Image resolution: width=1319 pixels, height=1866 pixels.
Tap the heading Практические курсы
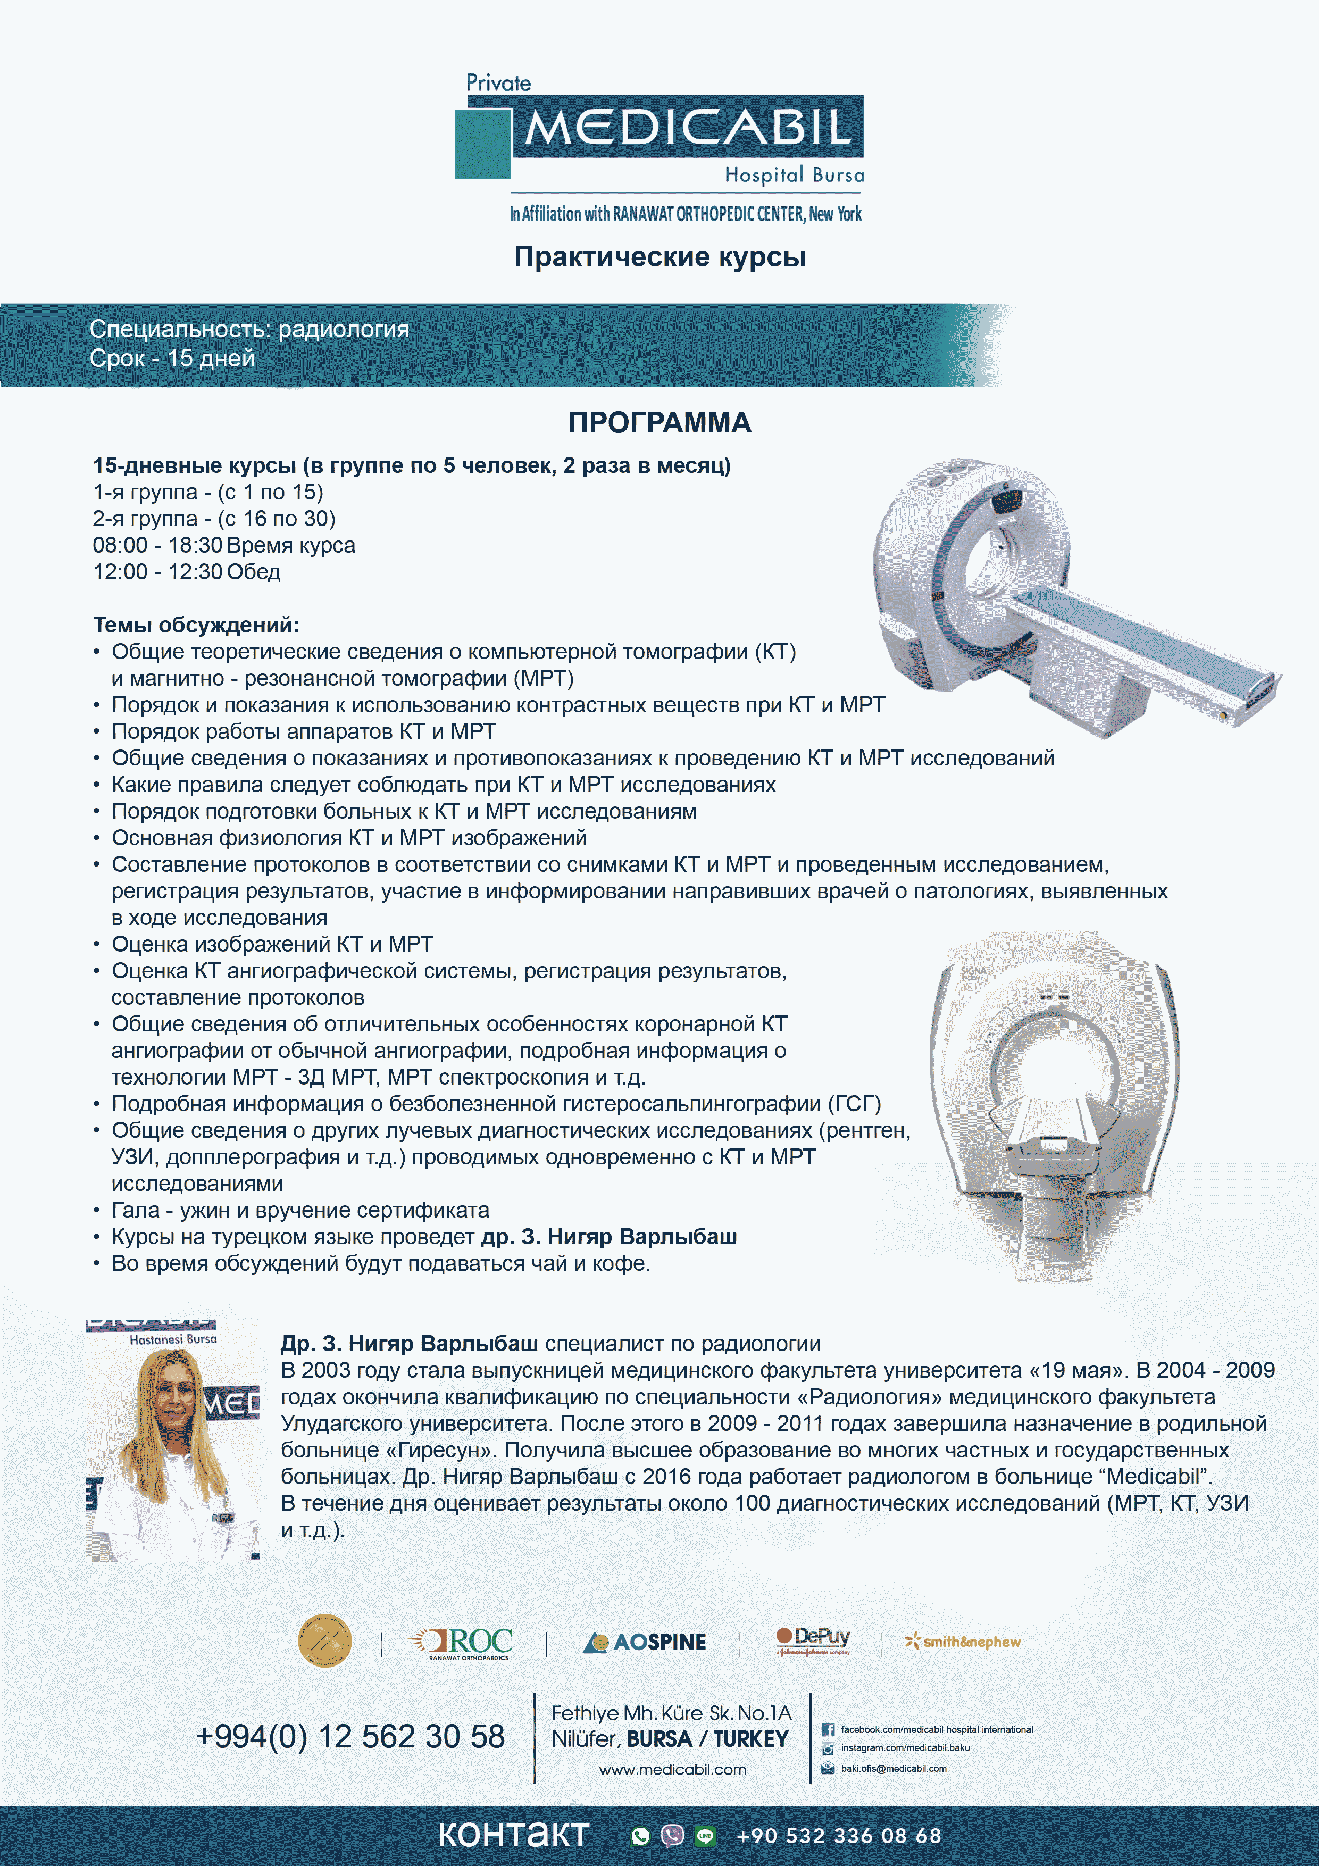point(660,257)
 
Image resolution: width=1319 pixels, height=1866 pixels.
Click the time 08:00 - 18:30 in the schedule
point(157,545)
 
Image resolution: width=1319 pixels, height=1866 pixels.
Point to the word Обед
point(254,572)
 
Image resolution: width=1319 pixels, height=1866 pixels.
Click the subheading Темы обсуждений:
point(196,625)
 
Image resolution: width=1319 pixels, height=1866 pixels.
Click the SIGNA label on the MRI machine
point(973,971)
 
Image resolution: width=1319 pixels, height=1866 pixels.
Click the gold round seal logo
point(324,1641)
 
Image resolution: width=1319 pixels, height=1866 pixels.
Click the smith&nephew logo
point(963,1642)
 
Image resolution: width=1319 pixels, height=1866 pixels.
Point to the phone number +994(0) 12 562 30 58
point(350,1737)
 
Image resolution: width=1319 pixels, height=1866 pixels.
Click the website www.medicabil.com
point(672,1769)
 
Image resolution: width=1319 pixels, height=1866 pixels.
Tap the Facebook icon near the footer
point(828,1729)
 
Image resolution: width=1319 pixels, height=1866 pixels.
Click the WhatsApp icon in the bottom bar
point(640,1836)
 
